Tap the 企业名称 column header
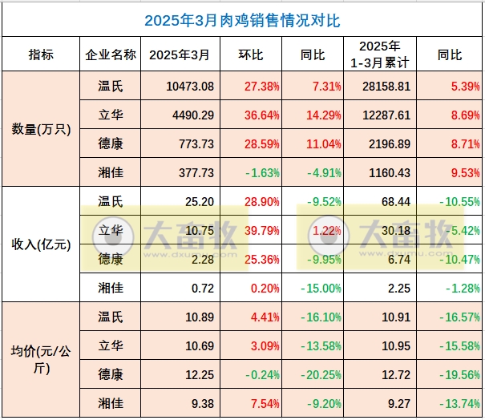tap(110, 55)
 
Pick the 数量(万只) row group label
tap(38, 128)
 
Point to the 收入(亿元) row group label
tap(38, 244)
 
